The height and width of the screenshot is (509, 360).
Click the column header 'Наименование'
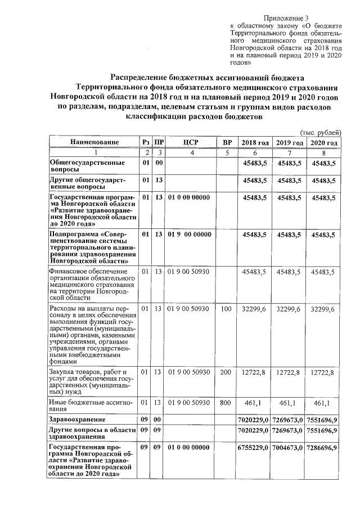tap(94, 143)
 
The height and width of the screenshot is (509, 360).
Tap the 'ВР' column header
tap(227, 143)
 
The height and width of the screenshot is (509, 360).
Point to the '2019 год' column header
tap(289, 143)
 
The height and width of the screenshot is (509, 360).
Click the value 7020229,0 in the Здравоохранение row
tap(255, 420)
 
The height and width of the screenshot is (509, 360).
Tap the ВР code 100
tap(226, 309)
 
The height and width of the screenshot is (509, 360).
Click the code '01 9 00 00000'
tap(188, 235)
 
